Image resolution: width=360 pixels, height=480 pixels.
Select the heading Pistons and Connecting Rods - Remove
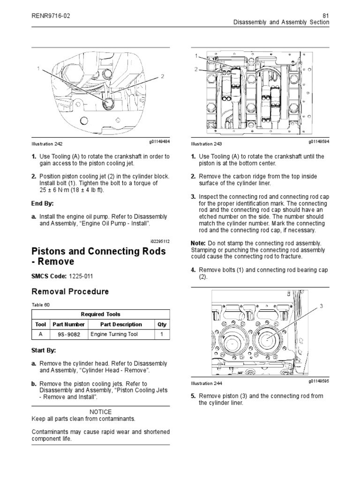pos(98,256)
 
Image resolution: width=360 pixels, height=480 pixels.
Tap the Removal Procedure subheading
pos(70,292)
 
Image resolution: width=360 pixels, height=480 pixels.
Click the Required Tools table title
pos(100,314)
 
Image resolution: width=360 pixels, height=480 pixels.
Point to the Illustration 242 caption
pos(46,144)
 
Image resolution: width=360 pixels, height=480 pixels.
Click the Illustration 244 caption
pos(207,383)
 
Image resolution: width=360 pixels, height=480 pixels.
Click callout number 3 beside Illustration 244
pos(321,306)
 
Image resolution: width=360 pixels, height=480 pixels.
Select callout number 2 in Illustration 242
pos(163,76)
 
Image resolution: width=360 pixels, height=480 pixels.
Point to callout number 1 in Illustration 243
pos(196,56)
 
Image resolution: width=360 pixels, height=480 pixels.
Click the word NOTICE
pos(100,412)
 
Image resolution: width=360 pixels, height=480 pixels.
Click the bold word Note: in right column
pos(199,243)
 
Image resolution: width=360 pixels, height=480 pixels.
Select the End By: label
pos(43,203)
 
